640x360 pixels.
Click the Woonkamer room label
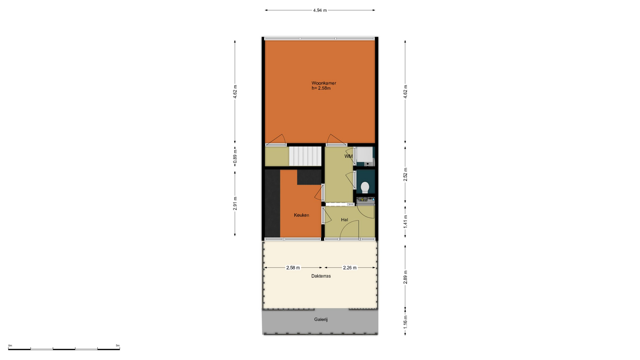coord(324,83)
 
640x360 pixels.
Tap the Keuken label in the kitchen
coord(301,215)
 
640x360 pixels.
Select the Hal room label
coord(344,220)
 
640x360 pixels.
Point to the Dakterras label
coord(321,276)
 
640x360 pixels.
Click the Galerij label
coord(321,319)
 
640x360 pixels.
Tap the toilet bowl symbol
coord(365,187)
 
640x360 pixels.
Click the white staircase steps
coord(305,156)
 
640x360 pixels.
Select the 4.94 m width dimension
coord(320,10)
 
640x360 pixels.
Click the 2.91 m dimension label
coord(235,203)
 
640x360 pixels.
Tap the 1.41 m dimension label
coord(405,222)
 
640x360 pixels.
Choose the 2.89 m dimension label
coord(405,277)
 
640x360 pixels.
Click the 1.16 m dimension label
coord(405,322)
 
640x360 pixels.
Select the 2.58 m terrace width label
coord(293,268)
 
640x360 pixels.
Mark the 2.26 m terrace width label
coord(350,268)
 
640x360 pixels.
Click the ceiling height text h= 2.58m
coord(321,88)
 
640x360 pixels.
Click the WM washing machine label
coord(348,156)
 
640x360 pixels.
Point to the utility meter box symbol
coord(366,200)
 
